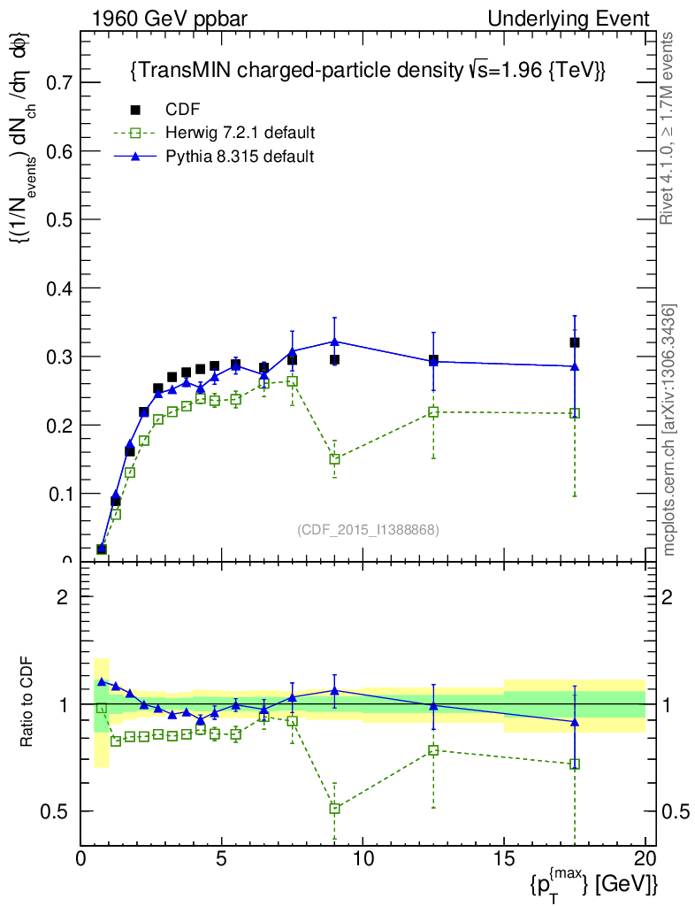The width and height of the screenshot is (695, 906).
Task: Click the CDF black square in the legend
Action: click(135, 110)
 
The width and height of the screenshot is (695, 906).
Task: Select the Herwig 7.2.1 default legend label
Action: click(241, 133)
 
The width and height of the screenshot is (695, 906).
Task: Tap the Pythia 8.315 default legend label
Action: click(240, 156)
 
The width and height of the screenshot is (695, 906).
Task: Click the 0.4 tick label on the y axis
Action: click(59, 288)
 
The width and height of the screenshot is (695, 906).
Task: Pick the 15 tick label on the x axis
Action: click(503, 859)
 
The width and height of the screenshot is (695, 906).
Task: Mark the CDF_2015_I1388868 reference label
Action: click(368, 530)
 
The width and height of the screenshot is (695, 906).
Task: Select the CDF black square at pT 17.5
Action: click(575, 342)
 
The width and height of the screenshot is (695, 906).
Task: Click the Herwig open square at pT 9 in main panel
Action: click(334, 459)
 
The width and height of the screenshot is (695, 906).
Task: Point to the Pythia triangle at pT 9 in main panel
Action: click(334, 341)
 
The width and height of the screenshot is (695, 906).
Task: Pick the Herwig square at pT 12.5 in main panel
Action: click(433, 411)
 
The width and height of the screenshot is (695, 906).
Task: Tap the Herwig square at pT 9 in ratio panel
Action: click(334, 808)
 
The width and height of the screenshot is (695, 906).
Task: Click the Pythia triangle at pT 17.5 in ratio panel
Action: click(575, 722)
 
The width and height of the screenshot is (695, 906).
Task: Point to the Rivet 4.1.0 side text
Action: click(669, 128)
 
